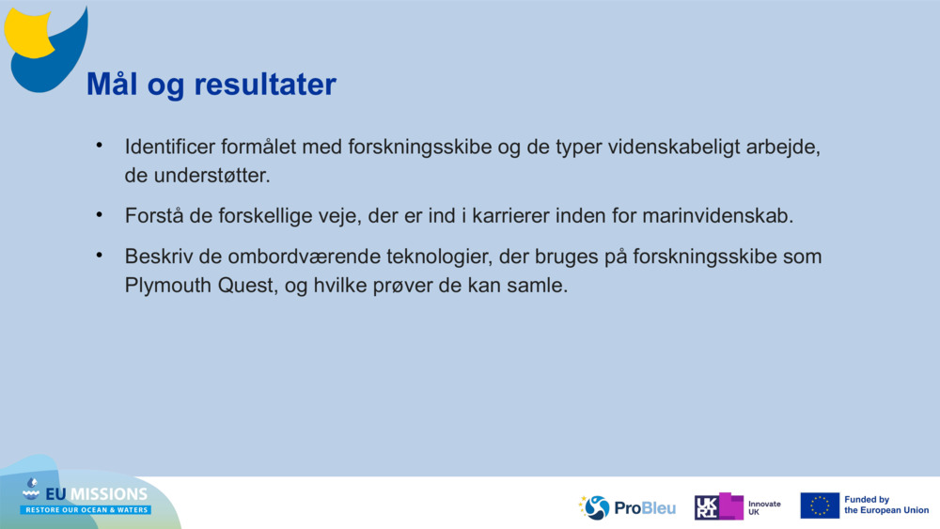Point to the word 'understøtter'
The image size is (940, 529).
pyautogui.click(x=210, y=176)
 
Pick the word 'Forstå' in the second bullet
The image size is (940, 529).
pyautogui.click(x=153, y=216)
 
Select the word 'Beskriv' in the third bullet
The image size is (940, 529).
pyautogui.click(x=156, y=257)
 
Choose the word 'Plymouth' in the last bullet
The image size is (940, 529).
pyautogui.click(x=166, y=285)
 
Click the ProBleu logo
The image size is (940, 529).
pyautogui.click(x=627, y=507)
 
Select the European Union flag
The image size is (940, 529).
pyautogui.click(x=819, y=506)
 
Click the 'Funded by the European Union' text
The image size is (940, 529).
pyautogui.click(x=885, y=506)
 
